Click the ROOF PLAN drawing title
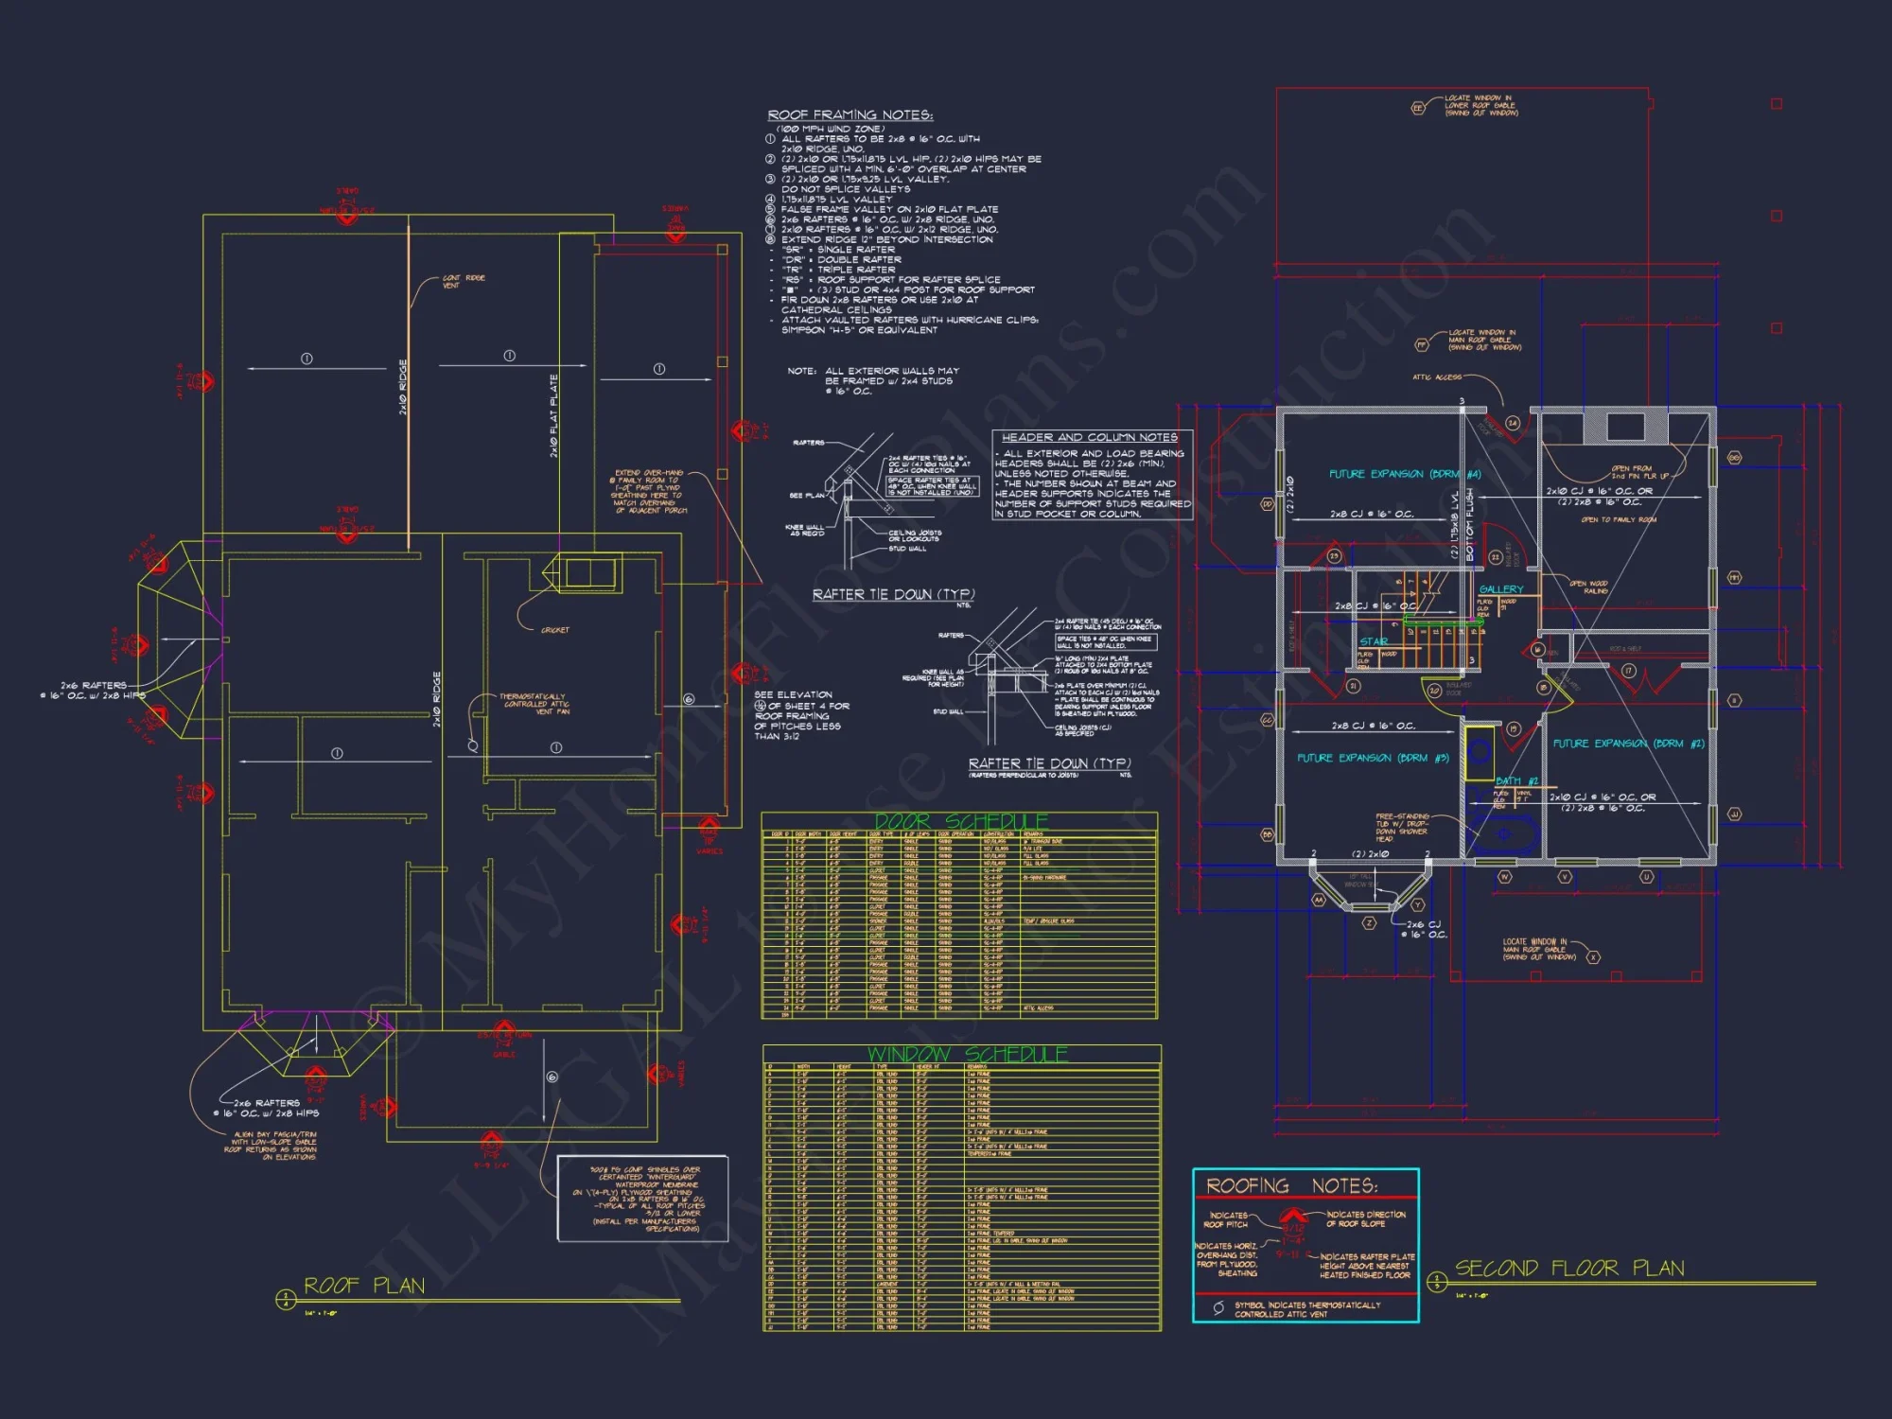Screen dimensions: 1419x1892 (364, 1286)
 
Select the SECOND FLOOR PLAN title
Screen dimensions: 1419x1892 (1569, 1269)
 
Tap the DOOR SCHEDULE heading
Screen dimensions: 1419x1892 (960, 821)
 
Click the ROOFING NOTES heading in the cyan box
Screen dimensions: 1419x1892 (1291, 1186)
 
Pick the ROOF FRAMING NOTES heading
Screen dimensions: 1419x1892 (850, 115)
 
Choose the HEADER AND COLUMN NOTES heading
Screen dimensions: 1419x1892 (1089, 437)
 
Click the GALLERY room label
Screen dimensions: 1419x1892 (1500, 589)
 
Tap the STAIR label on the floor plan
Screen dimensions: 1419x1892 (1374, 641)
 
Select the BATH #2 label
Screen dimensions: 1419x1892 (1516, 781)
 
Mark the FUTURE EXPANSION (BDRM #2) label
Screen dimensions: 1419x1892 (1628, 744)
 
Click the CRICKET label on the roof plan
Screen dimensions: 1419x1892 (555, 630)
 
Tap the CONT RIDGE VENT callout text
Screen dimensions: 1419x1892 (464, 281)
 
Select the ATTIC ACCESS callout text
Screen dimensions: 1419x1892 (1436, 377)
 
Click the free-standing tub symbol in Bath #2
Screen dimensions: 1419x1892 (1504, 834)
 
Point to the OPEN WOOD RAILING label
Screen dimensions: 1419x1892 (1588, 587)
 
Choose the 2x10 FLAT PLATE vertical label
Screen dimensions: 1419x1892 (554, 415)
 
